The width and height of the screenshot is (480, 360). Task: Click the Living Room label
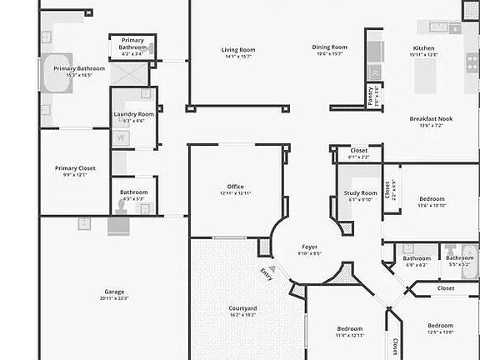(237, 50)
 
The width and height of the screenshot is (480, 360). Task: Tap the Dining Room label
(329, 47)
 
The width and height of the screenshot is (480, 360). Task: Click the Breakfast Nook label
(431, 119)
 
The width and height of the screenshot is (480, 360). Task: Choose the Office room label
(236, 186)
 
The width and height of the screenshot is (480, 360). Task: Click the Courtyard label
(242, 309)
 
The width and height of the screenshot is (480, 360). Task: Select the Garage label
(114, 292)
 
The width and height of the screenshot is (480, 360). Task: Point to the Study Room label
(360, 193)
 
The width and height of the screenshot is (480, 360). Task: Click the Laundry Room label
(133, 114)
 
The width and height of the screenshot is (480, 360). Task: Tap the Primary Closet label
(75, 168)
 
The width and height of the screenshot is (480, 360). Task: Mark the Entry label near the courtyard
(266, 272)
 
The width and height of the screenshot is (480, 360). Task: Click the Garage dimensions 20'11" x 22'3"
(114, 298)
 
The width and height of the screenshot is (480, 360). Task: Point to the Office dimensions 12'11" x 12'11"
(236, 192)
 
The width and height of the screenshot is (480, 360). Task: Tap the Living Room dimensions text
(237, 57)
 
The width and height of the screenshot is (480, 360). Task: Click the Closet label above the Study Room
(358, 150)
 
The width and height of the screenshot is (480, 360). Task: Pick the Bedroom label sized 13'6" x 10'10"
(432, 199)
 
